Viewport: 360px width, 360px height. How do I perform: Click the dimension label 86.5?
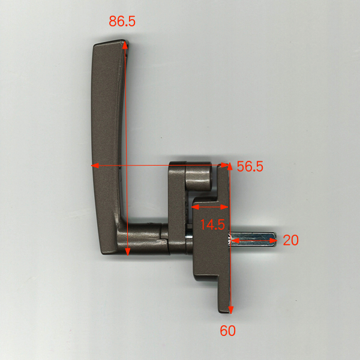click(122, 21)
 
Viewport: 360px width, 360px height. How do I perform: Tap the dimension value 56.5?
click(250, 166)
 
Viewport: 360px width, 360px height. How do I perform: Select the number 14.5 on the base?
click(212, 224)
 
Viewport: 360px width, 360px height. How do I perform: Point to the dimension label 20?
click(290, 240)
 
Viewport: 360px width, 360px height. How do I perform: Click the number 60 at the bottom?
click(227, 331)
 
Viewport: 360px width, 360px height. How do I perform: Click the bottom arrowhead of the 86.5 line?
click(128, 251)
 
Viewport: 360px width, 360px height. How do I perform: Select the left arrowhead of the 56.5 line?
click(95, 166)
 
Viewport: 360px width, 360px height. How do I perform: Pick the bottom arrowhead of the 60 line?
click(231, 310)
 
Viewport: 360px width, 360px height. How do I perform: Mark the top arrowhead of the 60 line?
click(230, 166)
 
